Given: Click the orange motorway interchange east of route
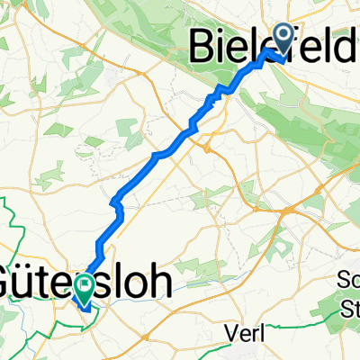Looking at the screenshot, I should [x=287, y=209].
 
